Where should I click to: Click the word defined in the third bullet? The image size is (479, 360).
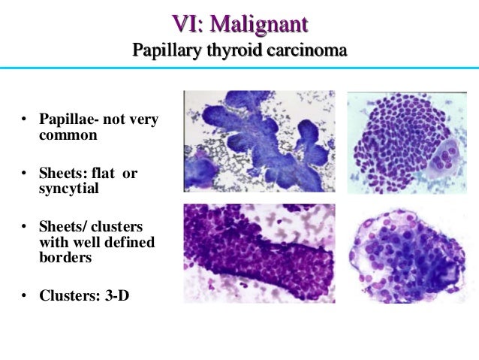point(128,242)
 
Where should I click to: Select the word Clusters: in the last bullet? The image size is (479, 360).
point(67,295)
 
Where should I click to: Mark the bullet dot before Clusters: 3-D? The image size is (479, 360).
point(24,295)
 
